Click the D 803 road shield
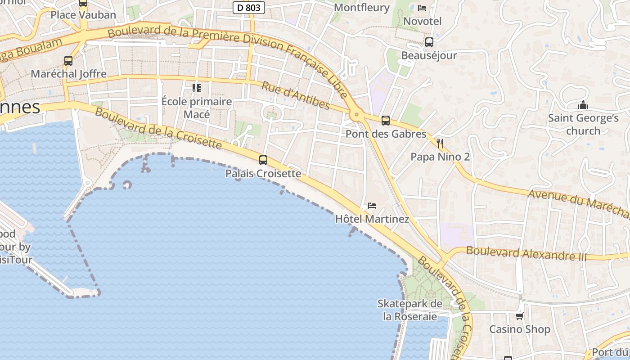pos(249,8)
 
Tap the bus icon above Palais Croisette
pos(263,160)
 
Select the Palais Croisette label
pos(263,173)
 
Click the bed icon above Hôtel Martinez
pos(372,206)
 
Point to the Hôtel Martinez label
pos(372,219)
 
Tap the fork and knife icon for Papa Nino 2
pos(440,144)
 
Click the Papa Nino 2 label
pos(440,157)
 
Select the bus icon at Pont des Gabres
pos(386,121)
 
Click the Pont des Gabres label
pos(386,134)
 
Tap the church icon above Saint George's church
pos(583,105)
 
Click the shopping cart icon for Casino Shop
pos(520,316)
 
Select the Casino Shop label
pos(520,329)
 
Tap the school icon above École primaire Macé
pos(197,88)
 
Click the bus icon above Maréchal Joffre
pos(68,61)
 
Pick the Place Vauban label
pos(83,15)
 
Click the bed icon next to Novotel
pos(422,8)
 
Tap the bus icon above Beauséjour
pos(429,42)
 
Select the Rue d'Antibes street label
pos(296,96)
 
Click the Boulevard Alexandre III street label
pos(526,253)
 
